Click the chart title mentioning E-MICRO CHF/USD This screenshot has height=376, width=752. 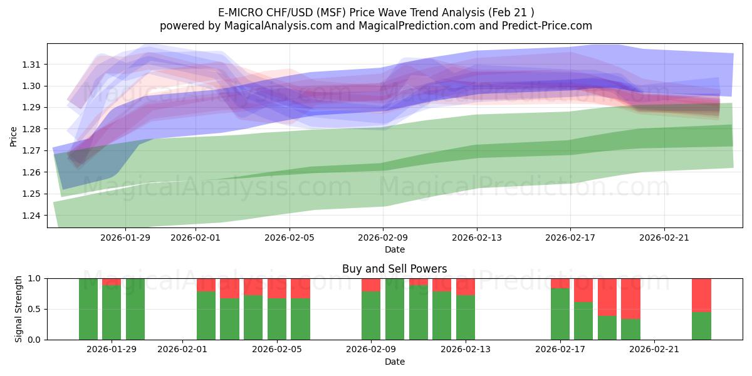click(x=375, y=12)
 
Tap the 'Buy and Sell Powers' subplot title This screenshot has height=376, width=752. click(x=394, y=269)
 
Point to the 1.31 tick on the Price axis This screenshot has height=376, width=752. click(x=31, y=65)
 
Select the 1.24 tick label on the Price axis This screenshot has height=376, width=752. click(x=31, y=216)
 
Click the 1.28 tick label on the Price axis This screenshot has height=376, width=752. click(x=31, y=129)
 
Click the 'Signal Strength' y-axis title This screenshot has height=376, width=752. click(x=19, y=308)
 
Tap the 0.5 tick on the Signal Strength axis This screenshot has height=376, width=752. click(x=35, y=309)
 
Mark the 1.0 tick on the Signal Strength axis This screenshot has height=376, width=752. click(x=35, y=278)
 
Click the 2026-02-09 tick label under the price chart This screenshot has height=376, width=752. click(x=383, y=238)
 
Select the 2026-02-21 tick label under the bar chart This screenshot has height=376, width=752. click(x=654, y=350)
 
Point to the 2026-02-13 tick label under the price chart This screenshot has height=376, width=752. click(x=477, y=238)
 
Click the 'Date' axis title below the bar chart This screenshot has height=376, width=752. click(x=394, y=362)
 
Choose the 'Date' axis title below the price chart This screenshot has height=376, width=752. click(x=394, y=249)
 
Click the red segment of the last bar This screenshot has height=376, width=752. click(x=701, y=295)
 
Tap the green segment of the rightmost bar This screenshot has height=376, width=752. click(x=701, y=326)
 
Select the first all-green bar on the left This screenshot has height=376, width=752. click(x=88, y=309)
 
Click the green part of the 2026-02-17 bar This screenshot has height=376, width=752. click(x=560, y=314)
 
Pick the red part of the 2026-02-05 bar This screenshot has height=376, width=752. click(x=277, y=288)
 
